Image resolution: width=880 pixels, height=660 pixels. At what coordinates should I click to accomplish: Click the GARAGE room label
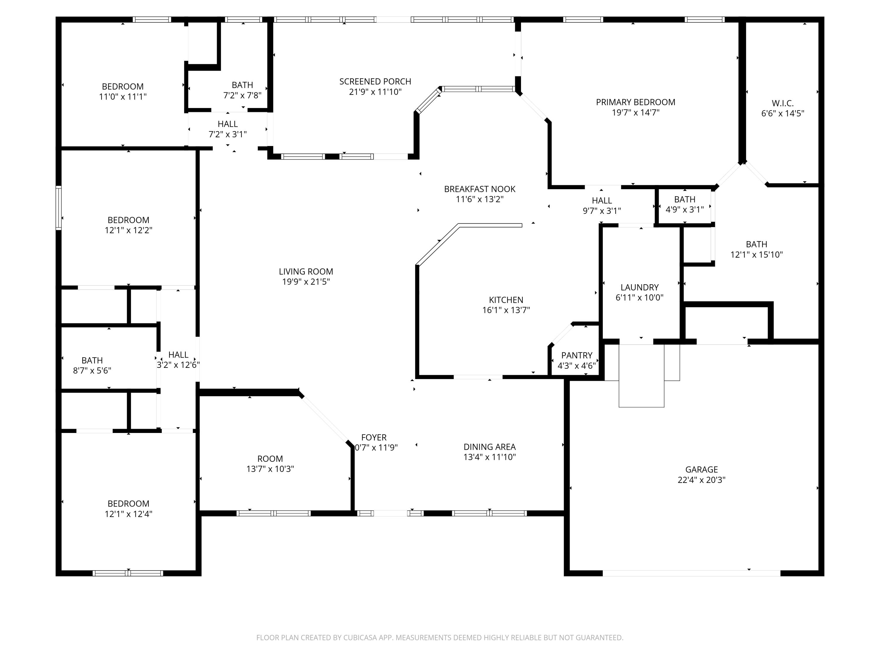click(x=701, y=469)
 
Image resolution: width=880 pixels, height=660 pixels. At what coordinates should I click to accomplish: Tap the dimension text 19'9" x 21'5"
click(x=306, y=282)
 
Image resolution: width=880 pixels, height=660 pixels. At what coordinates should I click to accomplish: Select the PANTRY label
click(x=576, y=355)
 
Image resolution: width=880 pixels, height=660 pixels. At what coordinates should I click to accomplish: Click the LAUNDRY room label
click(x=639, y=287)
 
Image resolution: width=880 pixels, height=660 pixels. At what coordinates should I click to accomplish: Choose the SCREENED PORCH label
click(x=375, y=82)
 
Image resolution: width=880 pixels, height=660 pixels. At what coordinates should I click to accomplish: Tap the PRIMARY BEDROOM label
click(x=635, y=102)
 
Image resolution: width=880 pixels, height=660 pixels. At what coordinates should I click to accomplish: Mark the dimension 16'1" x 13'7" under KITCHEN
click(x=506, y=310)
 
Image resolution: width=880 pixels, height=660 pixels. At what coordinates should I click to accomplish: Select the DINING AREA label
click(x=489, y=447)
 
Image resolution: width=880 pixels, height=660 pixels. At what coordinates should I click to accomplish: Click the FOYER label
click(x=374, y=438)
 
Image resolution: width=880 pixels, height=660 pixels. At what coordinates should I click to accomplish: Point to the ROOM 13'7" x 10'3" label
click(x=270, y=459)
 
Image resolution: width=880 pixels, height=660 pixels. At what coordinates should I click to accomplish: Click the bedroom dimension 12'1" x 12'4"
click(x=128, y=514)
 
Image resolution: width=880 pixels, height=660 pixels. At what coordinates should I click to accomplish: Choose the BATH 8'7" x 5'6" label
click(x=92, y=361)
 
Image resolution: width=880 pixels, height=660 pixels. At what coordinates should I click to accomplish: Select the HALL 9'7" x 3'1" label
click(x=602, y=201)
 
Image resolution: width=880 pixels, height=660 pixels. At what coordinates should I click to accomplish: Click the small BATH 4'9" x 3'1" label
click(x=684, y=199)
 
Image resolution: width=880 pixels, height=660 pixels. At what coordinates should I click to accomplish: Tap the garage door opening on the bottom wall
click(x=691, y=573)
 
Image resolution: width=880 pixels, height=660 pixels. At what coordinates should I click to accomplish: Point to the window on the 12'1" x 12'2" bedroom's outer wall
click(x=58, y=208)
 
